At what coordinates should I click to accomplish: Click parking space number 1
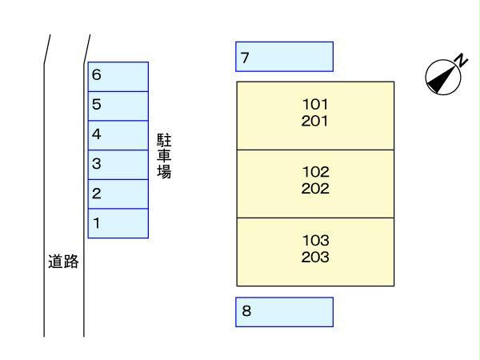[118, 223]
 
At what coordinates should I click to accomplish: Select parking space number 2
[118, 194]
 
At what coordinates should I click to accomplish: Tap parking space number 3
[118, 164]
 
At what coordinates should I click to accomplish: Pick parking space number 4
[118, 134]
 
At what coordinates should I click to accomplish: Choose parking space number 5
[118, 105]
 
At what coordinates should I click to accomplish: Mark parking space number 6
[118, 76]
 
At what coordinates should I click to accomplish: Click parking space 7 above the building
[284, 57]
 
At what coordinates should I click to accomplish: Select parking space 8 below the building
[284, 312]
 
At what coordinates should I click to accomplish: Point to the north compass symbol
[442, 75]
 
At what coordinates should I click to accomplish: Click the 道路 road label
[64, 262]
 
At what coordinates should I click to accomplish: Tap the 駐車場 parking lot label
[165, 155]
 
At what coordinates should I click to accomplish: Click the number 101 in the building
[315, 104]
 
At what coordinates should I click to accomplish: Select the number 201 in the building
[315, 122]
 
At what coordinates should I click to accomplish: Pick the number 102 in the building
[315, 172]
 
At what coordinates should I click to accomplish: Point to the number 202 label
[315, 190]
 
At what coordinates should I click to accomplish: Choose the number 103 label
[315, 240]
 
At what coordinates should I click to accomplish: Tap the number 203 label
[315, 258]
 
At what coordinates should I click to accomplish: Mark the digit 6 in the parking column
[97, 75]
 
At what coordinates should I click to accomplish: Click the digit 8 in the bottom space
[246, 312]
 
